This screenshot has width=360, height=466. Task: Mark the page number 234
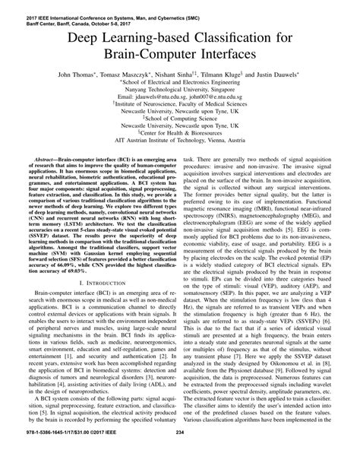(180, 455)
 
